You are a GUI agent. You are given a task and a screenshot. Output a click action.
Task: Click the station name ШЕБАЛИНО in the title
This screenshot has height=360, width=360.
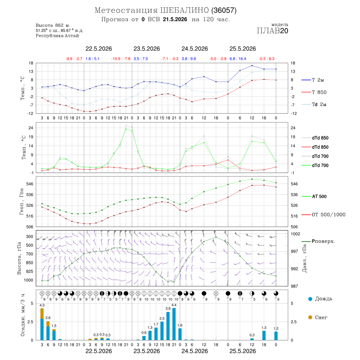pyautogui.click(x=184, y=10)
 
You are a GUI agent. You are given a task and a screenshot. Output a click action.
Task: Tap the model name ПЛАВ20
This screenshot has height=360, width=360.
pyautogui.click(x=272, y=31)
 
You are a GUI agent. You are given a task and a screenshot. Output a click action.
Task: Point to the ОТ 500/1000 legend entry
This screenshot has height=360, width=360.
pyautogui.click(x=323, y=215)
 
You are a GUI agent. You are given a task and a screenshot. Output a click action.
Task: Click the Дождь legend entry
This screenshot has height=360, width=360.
pyautogui.click(x=320, y=299)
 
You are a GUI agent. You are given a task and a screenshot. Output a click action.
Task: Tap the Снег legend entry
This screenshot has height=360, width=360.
pyautogui.click(x=318, y=317)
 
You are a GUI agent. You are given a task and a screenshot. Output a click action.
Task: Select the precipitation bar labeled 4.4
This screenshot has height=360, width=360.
pyautogui.click(x=174, y=324)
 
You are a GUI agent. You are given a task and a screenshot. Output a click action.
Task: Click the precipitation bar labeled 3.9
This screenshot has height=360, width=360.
pyautogui.click(x=168, y=326)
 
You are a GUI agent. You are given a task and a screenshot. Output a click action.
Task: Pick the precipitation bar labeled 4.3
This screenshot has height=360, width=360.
pyautogui.click(x=42, y=324)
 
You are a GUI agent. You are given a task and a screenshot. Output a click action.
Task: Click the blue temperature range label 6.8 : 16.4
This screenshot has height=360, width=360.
pyautogui.click(x=238, y=59)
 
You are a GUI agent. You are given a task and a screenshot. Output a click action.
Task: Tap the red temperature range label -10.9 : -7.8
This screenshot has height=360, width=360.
pyautogui.click(x=121, y=59)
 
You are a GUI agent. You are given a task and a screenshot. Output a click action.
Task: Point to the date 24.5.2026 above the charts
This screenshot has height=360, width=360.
pyautogui.click(x=195, y=49)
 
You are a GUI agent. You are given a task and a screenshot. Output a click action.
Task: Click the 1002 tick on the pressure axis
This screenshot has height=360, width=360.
pyautogui.click(x=296, y=234)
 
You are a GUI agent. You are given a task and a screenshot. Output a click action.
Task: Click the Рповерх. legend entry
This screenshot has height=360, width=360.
pyautogui.click(x=318, y=241)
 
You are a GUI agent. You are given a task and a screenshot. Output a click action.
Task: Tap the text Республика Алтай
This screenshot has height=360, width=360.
pyautogui.click(x=57, y=36)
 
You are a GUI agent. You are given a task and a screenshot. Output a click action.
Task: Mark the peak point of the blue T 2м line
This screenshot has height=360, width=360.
pyautogui.click(x=252, y=66)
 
